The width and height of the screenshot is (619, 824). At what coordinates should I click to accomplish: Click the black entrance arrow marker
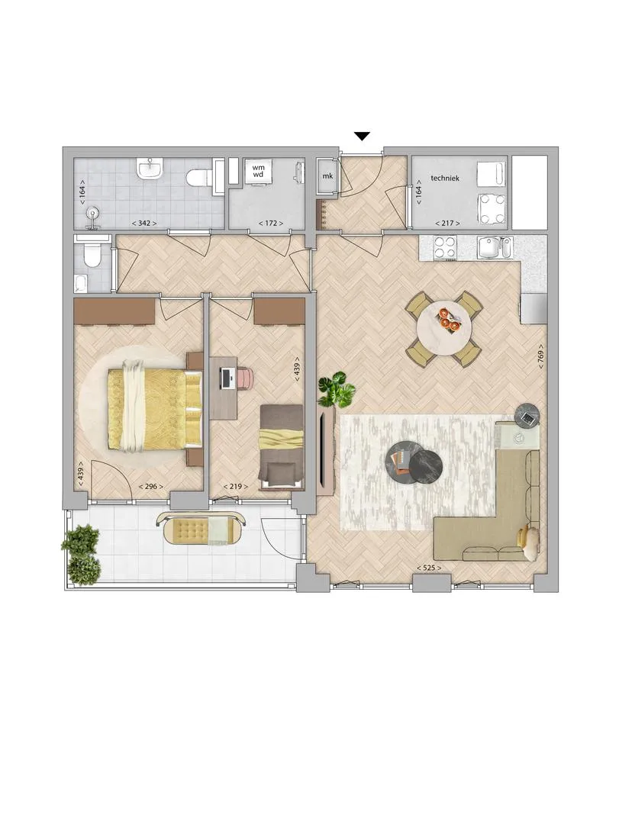pyautogui.click(x=363, y=137)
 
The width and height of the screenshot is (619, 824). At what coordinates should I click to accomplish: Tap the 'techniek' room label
pyautogui.click(x=445, y=178)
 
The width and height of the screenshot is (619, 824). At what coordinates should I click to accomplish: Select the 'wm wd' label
pyautogui.click(x=258, y=171)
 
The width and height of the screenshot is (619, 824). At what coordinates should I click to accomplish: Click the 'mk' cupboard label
pyautogui.click(x=327, y=176)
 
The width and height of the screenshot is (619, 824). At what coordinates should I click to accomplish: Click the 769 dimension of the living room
pyautogui.click(x=540, y=356)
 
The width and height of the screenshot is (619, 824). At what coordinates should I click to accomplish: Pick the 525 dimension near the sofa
pyautogui.click(x=429, y=568)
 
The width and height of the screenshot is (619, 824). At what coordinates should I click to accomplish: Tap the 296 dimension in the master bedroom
pyautogui.click(x=150, y=487)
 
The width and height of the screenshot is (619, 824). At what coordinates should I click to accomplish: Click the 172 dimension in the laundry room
pyautogui.click(x=270, y=224)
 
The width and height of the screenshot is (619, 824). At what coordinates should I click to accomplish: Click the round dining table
pyautogui.click(x=444, y=328)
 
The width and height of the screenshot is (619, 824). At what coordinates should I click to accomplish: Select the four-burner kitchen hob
pyautogui.click(x=445, y=247)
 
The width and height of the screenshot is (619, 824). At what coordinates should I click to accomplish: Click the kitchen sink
pyautogui.click(x=495, y=247)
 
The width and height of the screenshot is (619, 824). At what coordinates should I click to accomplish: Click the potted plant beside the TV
pyautogui.click(x=337, y=389)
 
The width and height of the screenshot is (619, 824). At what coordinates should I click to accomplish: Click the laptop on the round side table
pyautogui.click(x=527, y=419)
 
